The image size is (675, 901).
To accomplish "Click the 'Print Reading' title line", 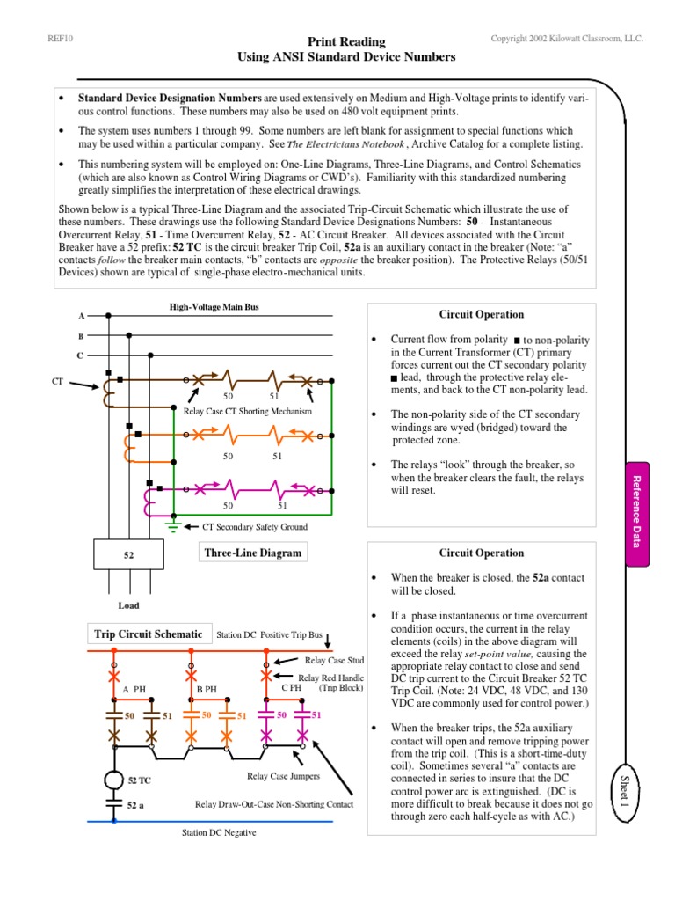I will pyautogui.click(x=346, y=41).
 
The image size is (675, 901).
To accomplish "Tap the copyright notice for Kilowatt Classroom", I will pyautogui.click(x=568, y=40).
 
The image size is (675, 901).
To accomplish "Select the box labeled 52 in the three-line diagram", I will pyautogui.click(x=128, y=555).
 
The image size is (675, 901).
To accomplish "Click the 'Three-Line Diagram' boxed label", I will pyautogui.click(x=252, y=553).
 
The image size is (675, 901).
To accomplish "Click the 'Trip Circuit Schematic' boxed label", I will pyautogui.click(x=149, y=634).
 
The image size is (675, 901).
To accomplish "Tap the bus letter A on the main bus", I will pyautogui.click(x=82, y=315).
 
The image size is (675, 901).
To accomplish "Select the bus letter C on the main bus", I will pyautogui.click(x=82, y=355).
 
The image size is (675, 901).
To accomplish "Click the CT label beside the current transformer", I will pyautogui.click(x=58, y=381).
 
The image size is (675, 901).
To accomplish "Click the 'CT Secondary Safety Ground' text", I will pyautogui.click(x=255, y=526).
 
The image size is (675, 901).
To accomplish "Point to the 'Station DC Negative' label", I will pyautogui.click(x=220, y=832).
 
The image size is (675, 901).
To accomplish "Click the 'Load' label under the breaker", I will pyautogui.click(x=128, y=605).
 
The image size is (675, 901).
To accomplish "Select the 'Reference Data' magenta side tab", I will pyautogui.click(x=638, y=511).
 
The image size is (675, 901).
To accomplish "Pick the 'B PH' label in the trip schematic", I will pyautogui.click(x=207, y=688).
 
